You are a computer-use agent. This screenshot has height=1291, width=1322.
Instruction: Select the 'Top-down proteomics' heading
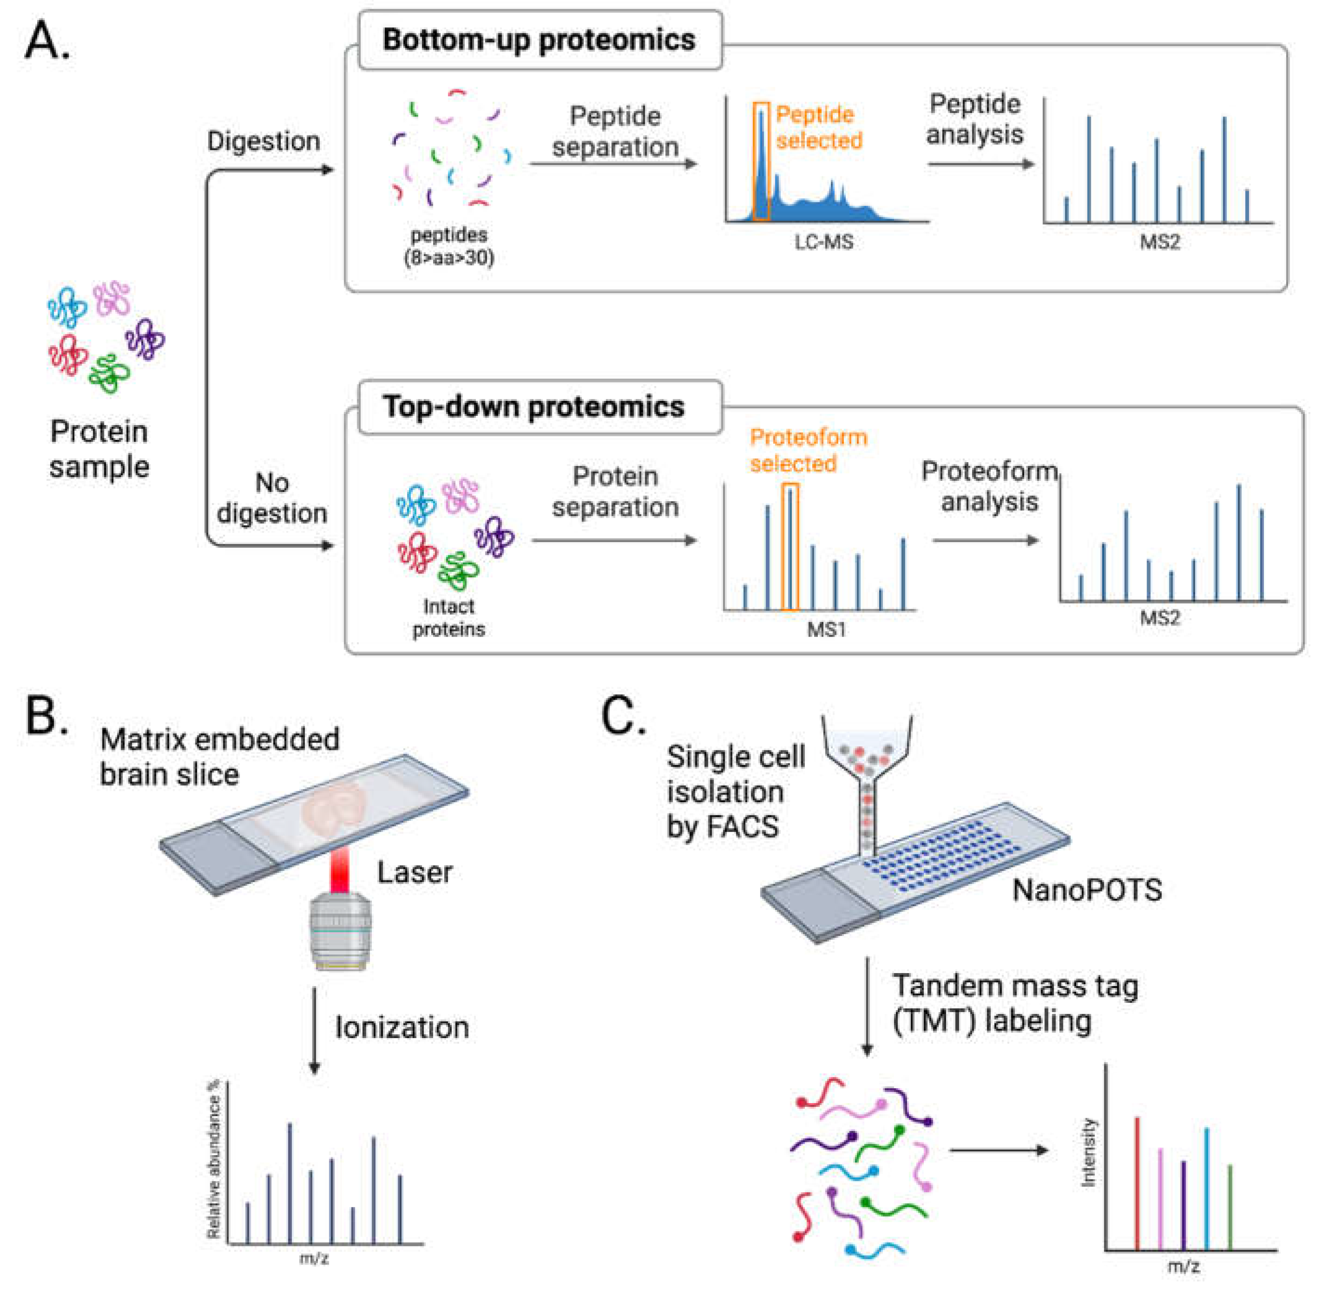point(533,407)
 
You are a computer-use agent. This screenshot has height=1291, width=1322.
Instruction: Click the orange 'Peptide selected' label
point(819,128)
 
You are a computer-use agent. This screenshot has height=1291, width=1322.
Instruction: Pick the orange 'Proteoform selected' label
point(808,450)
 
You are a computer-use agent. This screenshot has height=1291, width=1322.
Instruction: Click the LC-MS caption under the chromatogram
point(824,242)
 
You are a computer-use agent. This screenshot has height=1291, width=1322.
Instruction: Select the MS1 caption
point(826,629)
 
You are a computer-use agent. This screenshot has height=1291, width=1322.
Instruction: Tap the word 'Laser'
point(415,872)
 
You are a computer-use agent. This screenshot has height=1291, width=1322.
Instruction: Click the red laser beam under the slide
point(340,871)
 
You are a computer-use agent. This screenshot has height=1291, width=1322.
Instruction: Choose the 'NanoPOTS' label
point(1087,890)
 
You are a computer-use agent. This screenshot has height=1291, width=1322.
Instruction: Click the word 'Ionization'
point(402,1028)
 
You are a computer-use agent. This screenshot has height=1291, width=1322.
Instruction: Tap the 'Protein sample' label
point(99,449)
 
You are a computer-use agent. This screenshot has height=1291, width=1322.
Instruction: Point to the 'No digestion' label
point(272,498)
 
